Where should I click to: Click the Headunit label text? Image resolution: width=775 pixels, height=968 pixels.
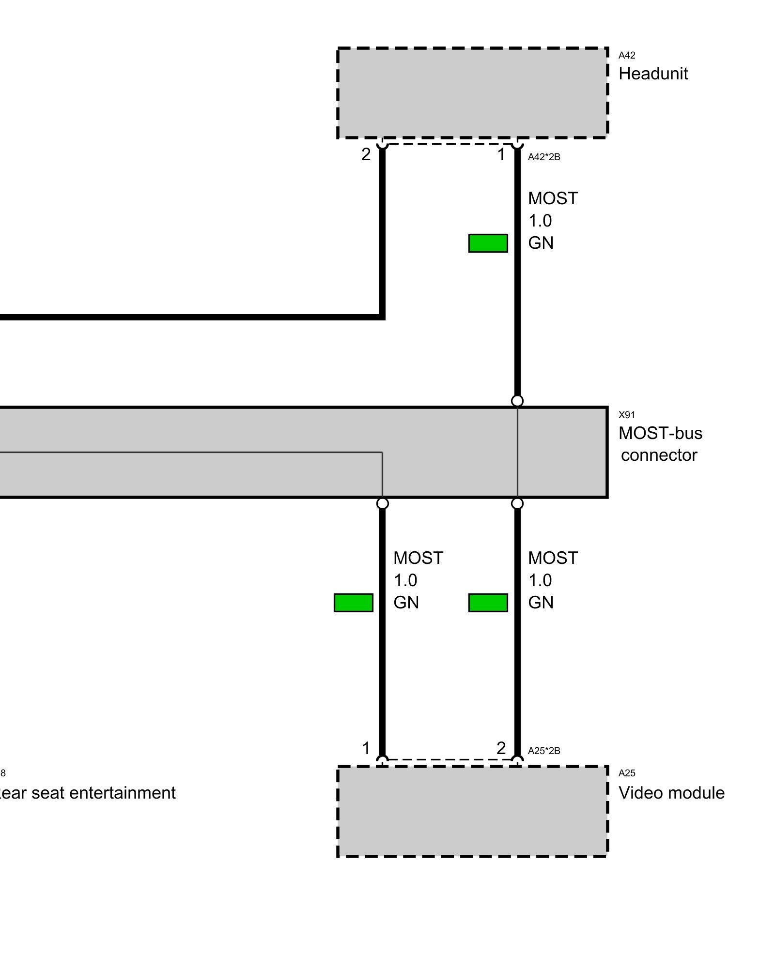tap(653, 74)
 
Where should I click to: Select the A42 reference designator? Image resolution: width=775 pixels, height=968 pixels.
tap(627, 55)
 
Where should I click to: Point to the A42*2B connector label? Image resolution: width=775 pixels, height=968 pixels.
tap(544, 157)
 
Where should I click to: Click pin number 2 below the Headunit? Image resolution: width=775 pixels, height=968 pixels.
tap(366, 154)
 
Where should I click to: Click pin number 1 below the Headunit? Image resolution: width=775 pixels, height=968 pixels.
tap(501, 154)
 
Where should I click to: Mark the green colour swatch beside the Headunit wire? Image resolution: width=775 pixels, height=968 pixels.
tap(488, 243)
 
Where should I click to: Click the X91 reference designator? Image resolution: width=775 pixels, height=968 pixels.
tap(627, 415)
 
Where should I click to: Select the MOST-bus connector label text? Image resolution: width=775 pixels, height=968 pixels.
tap(660, 444)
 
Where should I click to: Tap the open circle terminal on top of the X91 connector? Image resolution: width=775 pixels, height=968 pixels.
tap(517, 401)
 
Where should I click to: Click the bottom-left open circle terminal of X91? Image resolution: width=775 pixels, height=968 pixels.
tap(382, 504)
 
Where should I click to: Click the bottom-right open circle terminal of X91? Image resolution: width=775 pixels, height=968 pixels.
tap(517, 504)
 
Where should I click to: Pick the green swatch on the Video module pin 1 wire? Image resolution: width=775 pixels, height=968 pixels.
tap(353, 603)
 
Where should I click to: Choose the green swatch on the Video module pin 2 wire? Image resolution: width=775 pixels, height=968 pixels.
tap(488, 603)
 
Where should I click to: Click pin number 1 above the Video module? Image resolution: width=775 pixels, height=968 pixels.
tap(366, 748)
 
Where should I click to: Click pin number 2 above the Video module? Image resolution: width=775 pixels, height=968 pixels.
tap(501, 748)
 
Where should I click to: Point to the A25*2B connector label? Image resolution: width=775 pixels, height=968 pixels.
tap(544, 751)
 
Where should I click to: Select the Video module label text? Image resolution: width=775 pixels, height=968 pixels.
tap(671, 793)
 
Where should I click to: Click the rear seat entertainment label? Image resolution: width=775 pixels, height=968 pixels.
tap(87, 793)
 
